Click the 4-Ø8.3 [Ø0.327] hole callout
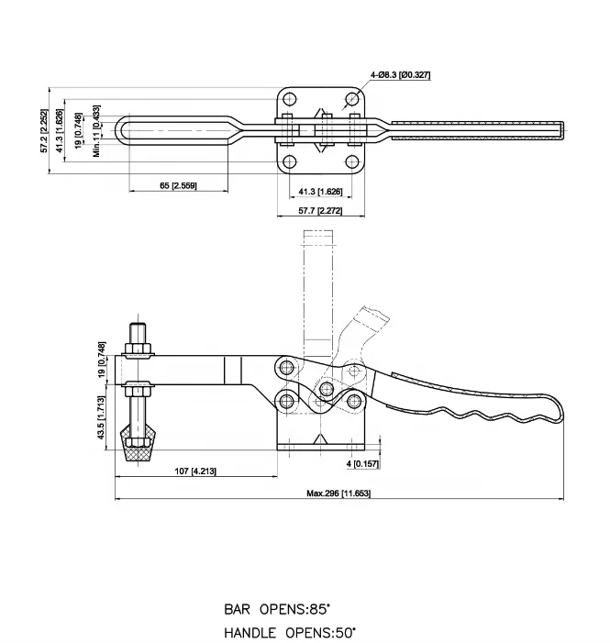[400, 74]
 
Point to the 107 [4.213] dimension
[194, 471]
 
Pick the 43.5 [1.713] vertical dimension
[101, 418]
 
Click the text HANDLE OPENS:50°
[291, 632]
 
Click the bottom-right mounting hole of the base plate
[353, 161]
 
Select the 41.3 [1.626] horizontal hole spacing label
[321, 191]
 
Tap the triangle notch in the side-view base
[319, 441]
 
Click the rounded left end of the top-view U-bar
[124, 130]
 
